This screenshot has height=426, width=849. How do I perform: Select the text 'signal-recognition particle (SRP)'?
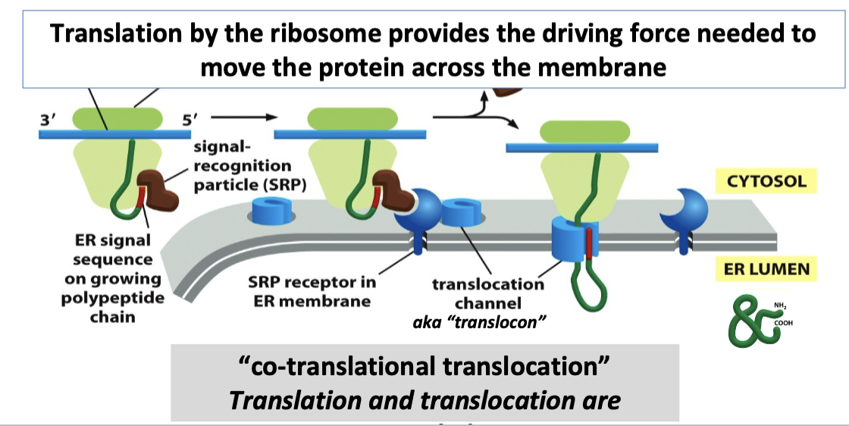pos(242,165)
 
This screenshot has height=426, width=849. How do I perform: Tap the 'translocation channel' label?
pos(488,293)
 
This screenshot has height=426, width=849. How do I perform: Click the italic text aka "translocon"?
pos(479,322)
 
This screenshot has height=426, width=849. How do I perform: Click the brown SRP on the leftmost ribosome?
pos(158,190)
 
